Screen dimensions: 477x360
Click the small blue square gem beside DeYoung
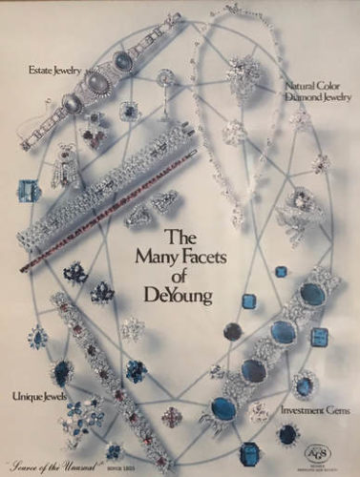(281, 272)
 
